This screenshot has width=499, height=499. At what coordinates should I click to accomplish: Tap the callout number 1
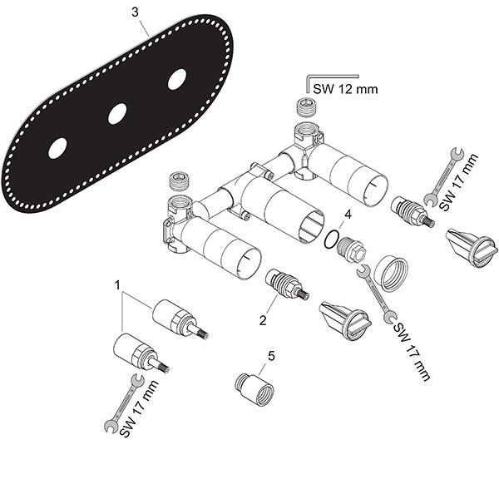coord(120,285)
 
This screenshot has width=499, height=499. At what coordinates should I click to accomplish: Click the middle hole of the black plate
coord(117,114)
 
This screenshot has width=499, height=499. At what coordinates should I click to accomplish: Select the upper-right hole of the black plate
coord(177,80)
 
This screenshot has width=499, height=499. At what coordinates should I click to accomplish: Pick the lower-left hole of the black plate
coord(57,149)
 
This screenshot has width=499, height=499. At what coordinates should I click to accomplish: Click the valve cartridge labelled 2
coord(286,284)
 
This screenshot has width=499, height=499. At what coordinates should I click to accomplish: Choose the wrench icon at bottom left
coord(121,403)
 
